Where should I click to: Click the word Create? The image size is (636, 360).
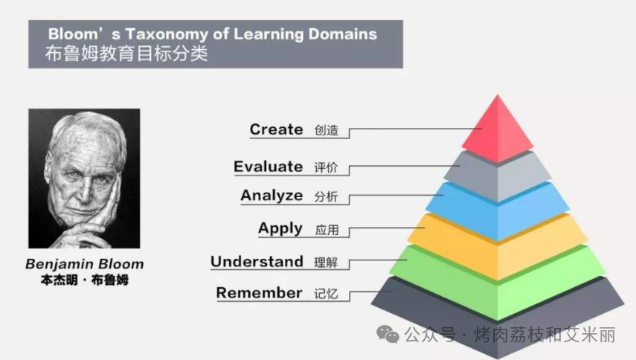pos(276,129)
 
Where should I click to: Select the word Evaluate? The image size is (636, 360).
pos(268,167)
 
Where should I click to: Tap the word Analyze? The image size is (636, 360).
pos(272,196)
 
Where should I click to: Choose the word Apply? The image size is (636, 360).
pos(280,229)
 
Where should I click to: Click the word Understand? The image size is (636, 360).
pos(257,262)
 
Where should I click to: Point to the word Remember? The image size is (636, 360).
pos(259,293)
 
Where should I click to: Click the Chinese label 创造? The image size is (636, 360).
pos(327,131)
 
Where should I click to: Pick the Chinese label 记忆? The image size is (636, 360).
pos(327,295)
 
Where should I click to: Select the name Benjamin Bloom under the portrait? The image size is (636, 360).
pos(84,264)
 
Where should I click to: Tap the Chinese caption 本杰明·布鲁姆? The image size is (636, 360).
pos(84,280)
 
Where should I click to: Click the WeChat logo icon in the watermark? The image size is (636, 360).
pos(388,335)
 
